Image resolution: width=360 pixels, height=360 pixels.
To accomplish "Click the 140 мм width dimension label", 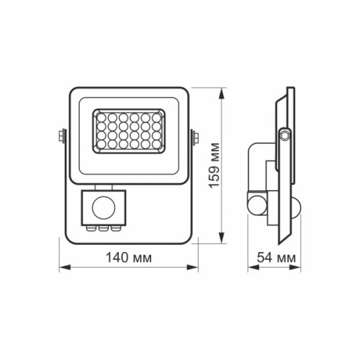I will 127,257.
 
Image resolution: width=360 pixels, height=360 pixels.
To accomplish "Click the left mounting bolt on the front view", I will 60,135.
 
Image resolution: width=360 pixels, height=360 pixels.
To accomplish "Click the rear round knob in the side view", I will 256,204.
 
